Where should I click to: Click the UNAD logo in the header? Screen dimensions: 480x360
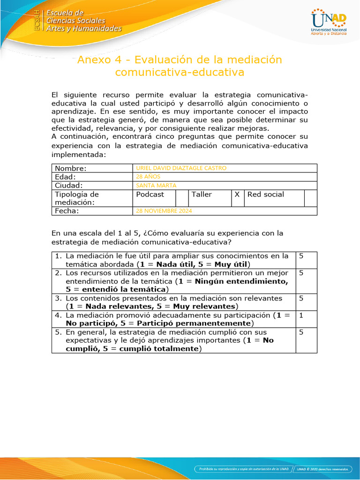coord(329,21)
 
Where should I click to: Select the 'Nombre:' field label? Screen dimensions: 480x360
coord(71,168)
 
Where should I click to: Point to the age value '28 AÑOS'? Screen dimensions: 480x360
coord(148,177)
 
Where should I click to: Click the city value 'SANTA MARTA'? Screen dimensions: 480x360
coord(156,185)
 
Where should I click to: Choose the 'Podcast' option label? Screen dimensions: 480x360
coord(150,195)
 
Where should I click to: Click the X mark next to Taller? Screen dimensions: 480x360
coord(238,195)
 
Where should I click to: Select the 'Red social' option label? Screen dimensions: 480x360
coord(266,195)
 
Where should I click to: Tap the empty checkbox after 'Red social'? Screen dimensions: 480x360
coord(310,198)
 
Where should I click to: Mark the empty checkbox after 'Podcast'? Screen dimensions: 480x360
coord(182,198)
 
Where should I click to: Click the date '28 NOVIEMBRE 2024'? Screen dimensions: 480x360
coord(164,211)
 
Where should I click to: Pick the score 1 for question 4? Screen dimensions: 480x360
coord(301,315)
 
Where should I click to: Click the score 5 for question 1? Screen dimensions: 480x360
coord(301,256)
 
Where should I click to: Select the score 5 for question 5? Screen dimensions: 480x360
coord(301,332)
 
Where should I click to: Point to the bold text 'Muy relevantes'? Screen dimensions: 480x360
coord(205,306)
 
